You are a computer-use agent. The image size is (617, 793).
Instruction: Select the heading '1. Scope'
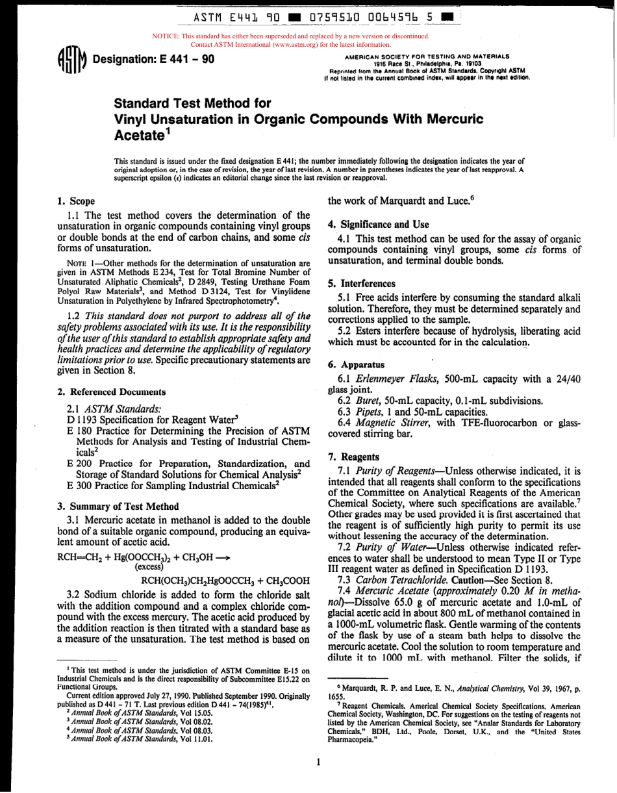pyautogui.click(x=77, y=201)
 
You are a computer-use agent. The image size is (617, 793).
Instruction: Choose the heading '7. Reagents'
pyautogui.click(x=354, y=457)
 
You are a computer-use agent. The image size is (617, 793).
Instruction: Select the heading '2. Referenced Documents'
pyautogui.click(x=112, y=392)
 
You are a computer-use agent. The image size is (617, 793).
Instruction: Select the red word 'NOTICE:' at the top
pyautogui.click(x=166, y=36)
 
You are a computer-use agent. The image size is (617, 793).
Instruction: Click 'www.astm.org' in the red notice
pyautogui.click(x=265, y=45)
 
